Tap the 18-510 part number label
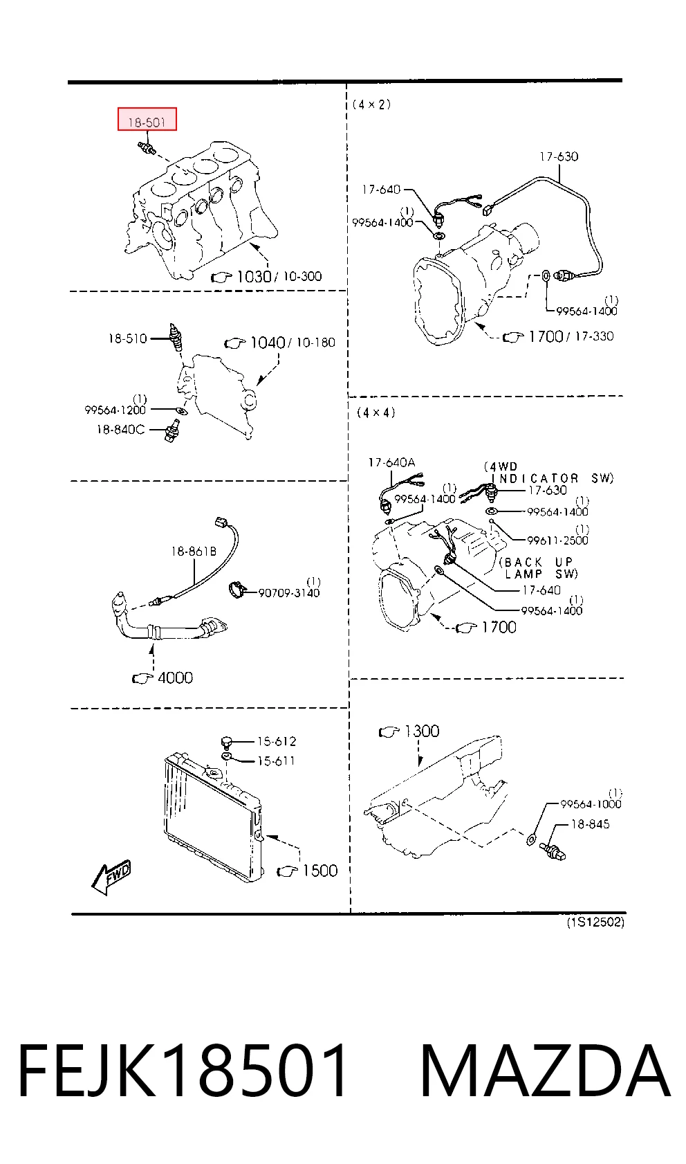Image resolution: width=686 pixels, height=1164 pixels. (x=128, y=339)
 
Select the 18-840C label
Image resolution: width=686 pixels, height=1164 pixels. (x=120, y=430)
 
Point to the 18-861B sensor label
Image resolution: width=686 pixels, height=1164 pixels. (x=194, y=552)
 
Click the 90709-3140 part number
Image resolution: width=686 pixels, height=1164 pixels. (x=289, y=593)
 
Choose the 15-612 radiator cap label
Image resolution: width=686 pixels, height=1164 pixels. (x=277, y=741)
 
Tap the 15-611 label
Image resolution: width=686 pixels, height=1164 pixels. (x=277, y=761)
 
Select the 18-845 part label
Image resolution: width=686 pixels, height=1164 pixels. (x=590, y=824)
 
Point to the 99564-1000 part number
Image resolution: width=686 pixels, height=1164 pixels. (x=591, y=804)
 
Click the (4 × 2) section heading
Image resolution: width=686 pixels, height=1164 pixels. (x=372, y=104)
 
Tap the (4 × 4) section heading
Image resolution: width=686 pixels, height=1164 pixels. (x=376, y=412)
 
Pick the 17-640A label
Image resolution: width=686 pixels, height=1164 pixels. (x=391, y=462)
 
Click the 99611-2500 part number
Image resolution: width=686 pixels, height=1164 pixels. (x=558, y=540)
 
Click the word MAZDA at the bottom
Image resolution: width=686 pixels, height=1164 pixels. (x=545, y=1071)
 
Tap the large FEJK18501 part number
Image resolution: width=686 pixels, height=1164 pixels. (x=183, y=1071)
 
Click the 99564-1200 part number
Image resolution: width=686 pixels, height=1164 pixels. (x=115, y=410)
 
